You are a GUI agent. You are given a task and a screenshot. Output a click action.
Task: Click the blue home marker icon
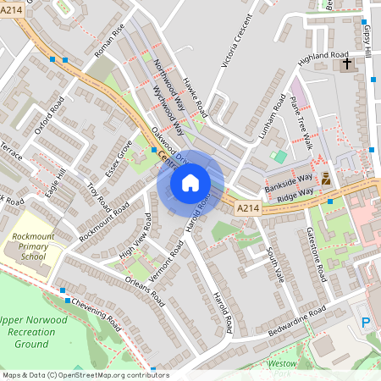point(190,182)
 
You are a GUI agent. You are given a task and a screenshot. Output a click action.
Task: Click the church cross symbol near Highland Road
point(346,64)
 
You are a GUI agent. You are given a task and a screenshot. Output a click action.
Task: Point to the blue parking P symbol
point(366,323)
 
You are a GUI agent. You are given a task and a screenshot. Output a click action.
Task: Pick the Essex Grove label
point(119,156)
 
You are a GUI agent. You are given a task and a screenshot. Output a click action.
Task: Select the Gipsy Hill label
point(367,38)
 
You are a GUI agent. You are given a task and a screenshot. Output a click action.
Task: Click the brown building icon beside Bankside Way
point(326,179)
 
